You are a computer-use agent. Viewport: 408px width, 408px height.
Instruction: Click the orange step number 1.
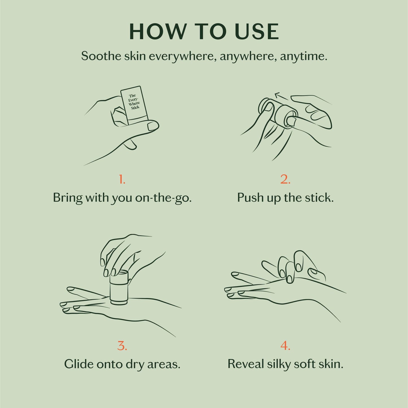point(122,179)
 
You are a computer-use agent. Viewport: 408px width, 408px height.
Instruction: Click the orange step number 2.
point(285,179)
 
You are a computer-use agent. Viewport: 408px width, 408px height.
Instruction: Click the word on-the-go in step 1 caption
point(163,198)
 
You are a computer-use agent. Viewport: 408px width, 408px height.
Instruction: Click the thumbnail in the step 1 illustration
point(153,126)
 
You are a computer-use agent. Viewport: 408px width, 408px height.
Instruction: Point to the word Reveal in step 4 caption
point(245,364)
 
